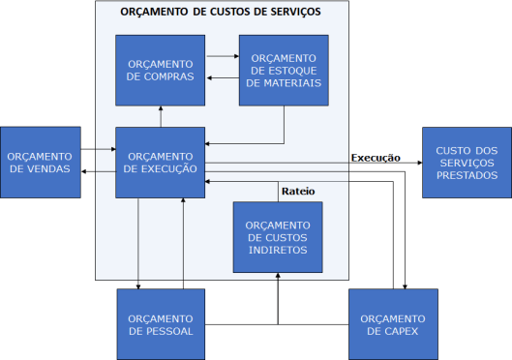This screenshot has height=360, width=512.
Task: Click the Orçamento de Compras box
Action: tap(160, 70)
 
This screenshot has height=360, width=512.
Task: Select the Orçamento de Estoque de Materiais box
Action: tap(284, 70)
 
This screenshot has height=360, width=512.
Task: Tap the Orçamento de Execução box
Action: tap(160, 163)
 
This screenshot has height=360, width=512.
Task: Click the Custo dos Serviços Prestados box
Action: tap(466, 163)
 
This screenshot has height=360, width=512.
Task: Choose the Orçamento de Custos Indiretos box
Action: tap(277, 237)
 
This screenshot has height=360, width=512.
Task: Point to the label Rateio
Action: tap(297, 191)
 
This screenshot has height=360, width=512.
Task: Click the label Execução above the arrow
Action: tap(376, 157)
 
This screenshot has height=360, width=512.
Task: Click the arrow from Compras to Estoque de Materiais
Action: tap(222, 58)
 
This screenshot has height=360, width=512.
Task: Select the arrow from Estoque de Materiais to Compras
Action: tap(222, 79)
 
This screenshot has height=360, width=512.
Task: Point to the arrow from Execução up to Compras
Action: tap(160, 116)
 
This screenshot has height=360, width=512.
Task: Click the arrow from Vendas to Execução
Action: tap(98, 150)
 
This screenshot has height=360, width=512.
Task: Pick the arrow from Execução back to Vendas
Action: tap(98, 171)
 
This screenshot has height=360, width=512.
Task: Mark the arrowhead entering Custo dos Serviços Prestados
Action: tap(417, 163)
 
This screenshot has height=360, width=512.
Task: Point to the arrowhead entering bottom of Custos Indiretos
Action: tap(278, 277)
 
